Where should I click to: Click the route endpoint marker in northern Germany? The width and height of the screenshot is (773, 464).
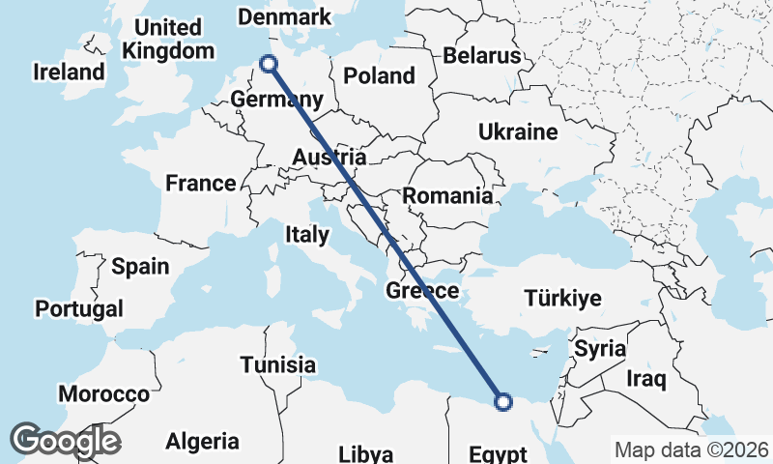click(269, 64)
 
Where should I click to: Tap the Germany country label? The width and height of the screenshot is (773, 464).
click(277, 101)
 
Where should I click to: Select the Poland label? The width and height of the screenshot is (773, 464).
click(380, 75)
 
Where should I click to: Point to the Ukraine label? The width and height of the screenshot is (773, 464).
click(518, 131)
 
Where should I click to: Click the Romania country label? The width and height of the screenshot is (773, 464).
click(447, 196)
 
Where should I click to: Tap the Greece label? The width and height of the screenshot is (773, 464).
click(422, 291)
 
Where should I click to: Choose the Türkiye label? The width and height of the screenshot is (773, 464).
click(562, 298)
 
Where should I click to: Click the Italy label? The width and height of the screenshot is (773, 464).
click(307, 235)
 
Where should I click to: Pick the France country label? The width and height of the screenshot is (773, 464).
click(201, 183)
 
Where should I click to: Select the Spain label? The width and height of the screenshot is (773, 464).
click(140, 267)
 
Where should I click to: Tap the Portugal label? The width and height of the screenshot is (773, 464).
click(79, 309)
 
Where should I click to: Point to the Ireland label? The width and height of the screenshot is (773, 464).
click(69, 72)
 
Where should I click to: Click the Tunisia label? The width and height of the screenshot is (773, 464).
click(278, 364)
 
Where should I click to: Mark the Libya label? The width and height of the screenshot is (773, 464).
click(366, 454)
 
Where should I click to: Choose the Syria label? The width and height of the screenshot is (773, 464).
click(600, 349)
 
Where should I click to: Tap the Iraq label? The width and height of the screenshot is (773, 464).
click(646, 379)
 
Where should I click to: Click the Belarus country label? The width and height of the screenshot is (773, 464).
click(482, 55)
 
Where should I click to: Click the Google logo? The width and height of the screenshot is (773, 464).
click(64, 441)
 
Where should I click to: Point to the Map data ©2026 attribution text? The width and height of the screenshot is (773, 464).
click(692, 450)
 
